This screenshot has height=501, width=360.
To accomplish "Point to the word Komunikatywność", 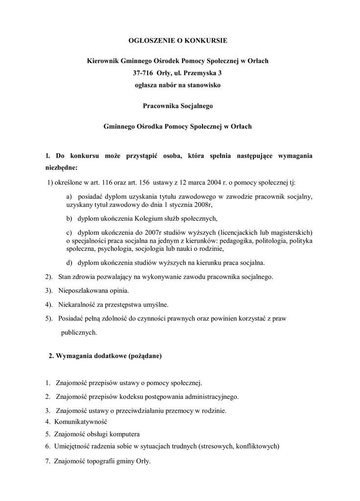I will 81,422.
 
